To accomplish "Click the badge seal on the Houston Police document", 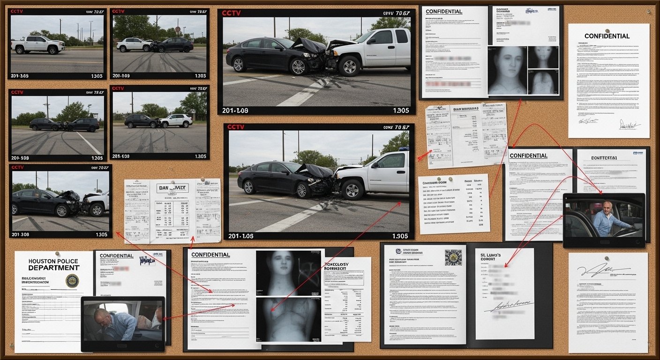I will (72, 281).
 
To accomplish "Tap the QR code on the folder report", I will (453, 257).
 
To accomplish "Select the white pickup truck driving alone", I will (37, 45).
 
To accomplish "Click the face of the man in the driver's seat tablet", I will (608, 207).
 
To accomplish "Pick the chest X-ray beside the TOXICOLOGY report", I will (288, 319).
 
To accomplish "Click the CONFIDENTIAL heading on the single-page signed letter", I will (607, 36).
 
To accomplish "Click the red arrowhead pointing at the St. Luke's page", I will (506, 266).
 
